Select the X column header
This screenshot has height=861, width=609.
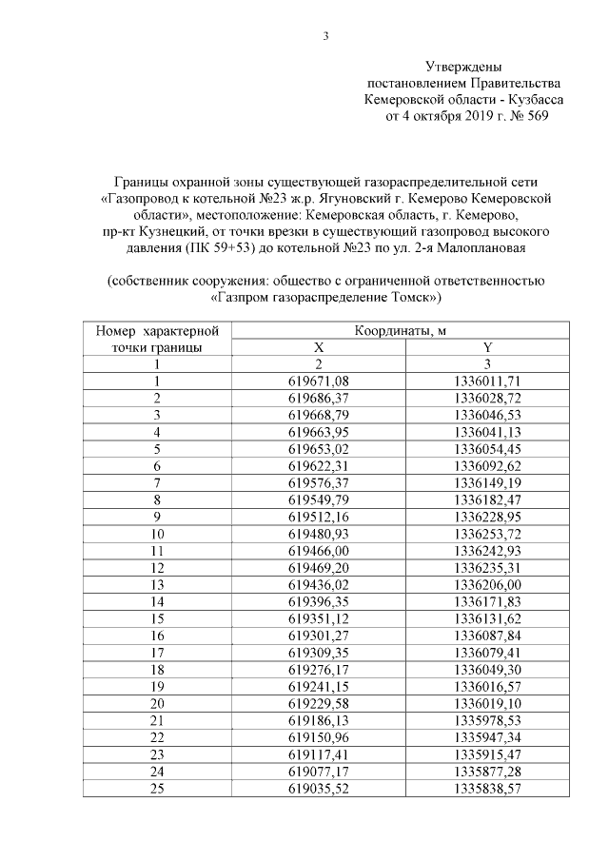tap(319, 347)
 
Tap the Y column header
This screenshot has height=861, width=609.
tap(485, 347)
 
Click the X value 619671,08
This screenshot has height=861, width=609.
tap(319, 381)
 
